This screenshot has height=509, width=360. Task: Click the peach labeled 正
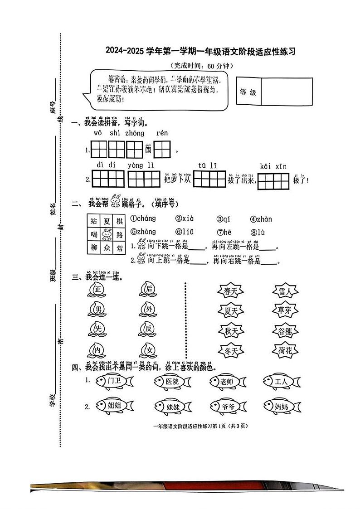pos(96,289)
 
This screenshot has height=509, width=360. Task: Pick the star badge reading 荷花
pos(286,350)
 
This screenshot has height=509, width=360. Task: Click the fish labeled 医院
pos(172,382)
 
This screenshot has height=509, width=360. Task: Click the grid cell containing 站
pos(94,221)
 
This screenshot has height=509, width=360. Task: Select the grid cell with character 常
pos(119,248)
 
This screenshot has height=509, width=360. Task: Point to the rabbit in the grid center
pos(107,235)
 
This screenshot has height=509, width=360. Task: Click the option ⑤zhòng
pos(143,232)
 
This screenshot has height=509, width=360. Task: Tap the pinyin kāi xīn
pos(273,166)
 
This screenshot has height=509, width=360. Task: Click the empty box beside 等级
pos(287,92)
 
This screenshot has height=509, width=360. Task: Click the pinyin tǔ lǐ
pos(207,166)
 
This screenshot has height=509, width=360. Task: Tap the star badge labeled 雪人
pos(286,292)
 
